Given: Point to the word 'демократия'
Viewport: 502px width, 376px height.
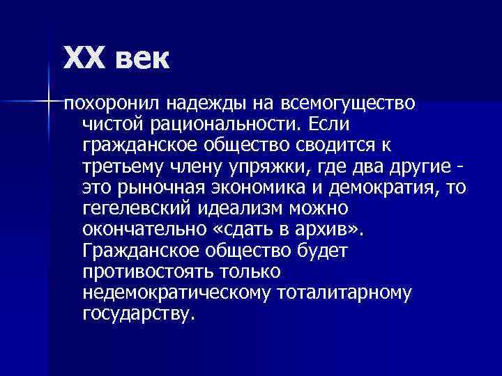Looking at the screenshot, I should (388, 188).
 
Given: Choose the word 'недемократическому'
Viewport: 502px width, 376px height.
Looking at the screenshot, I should (175, 292).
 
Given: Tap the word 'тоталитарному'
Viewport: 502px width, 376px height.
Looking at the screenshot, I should (344, 292).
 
